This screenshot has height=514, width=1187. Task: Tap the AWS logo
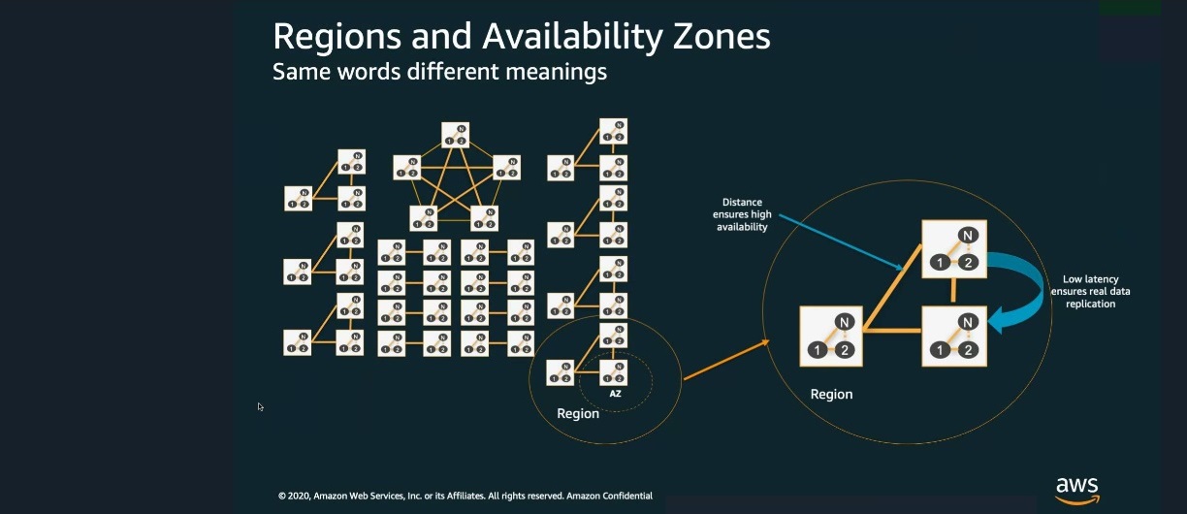(x=1076, y=489)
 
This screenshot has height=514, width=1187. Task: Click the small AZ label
(x=615, y=395)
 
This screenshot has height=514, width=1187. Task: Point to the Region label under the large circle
(x=831, y=395)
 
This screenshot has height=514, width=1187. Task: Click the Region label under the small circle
(x=578, y=414)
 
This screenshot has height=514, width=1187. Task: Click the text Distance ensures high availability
(x=740, y=214)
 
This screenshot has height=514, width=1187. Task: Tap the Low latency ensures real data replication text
(x=1090, y=291)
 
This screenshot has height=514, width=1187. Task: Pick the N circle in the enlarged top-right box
(x=967, y=235)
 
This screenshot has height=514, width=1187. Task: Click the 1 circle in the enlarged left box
(x=818, y=350)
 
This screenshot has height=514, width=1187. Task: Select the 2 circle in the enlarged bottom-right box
(x=967, y=349)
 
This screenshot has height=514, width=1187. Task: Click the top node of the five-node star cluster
(x=455, y=135)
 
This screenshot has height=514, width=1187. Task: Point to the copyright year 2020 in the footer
(x=300, y=496)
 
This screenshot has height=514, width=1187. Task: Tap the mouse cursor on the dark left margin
(x=260, y=406)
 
